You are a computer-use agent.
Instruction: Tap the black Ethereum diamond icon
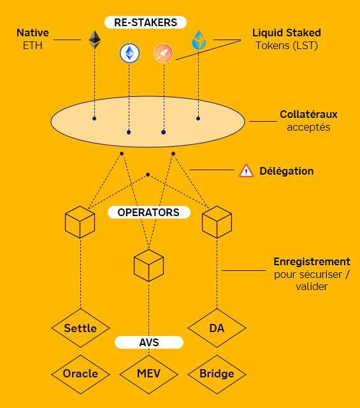[x=95, y=40]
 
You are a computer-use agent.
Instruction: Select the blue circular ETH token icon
[x=129, y=54]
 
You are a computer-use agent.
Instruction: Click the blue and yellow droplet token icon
[x=199, y=40]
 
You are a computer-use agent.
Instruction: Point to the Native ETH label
[x=32, y=38]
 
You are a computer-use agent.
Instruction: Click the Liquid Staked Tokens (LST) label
[x=286, y=38]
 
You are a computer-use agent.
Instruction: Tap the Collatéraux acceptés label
[x=308, y=120]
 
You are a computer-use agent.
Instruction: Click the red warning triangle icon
[x=246, y=171]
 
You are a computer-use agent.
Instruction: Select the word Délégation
[x=286, y=171]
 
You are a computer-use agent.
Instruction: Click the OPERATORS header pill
[x=148, y=212]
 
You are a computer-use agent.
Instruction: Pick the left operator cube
[x=80, y=222]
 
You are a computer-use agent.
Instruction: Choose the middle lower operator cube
[x=149, y=265]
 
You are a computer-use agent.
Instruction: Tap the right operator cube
[x=217, y=222]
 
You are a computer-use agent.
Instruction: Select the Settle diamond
[x=80, y=328]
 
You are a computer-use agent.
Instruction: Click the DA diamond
[x=217, y=328]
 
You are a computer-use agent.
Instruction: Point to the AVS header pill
[x=149, y=342]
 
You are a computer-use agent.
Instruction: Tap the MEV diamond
[x=149, y=374]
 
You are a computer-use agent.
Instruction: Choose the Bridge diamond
[x=217, y=374]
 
